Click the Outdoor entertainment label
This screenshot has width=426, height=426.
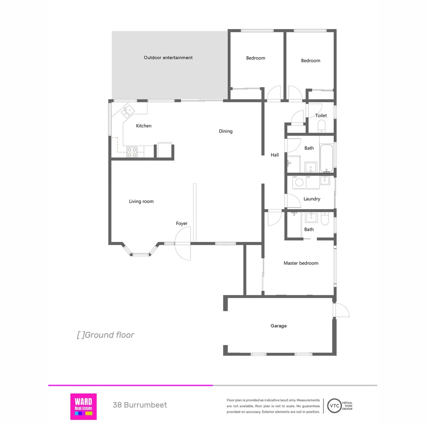168,58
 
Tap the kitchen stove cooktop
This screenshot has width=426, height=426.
132,152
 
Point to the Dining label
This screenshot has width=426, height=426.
226,131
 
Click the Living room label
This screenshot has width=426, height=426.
141,202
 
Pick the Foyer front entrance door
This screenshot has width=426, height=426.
183,245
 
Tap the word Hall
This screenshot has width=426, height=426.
275,155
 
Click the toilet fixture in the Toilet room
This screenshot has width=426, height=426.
321,126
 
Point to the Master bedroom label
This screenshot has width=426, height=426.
301,263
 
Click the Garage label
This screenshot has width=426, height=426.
278,326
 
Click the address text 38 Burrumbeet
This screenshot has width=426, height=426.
140,405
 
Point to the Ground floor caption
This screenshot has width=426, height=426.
105,335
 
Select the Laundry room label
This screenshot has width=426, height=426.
312,199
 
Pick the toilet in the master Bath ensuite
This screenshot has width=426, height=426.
324,219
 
